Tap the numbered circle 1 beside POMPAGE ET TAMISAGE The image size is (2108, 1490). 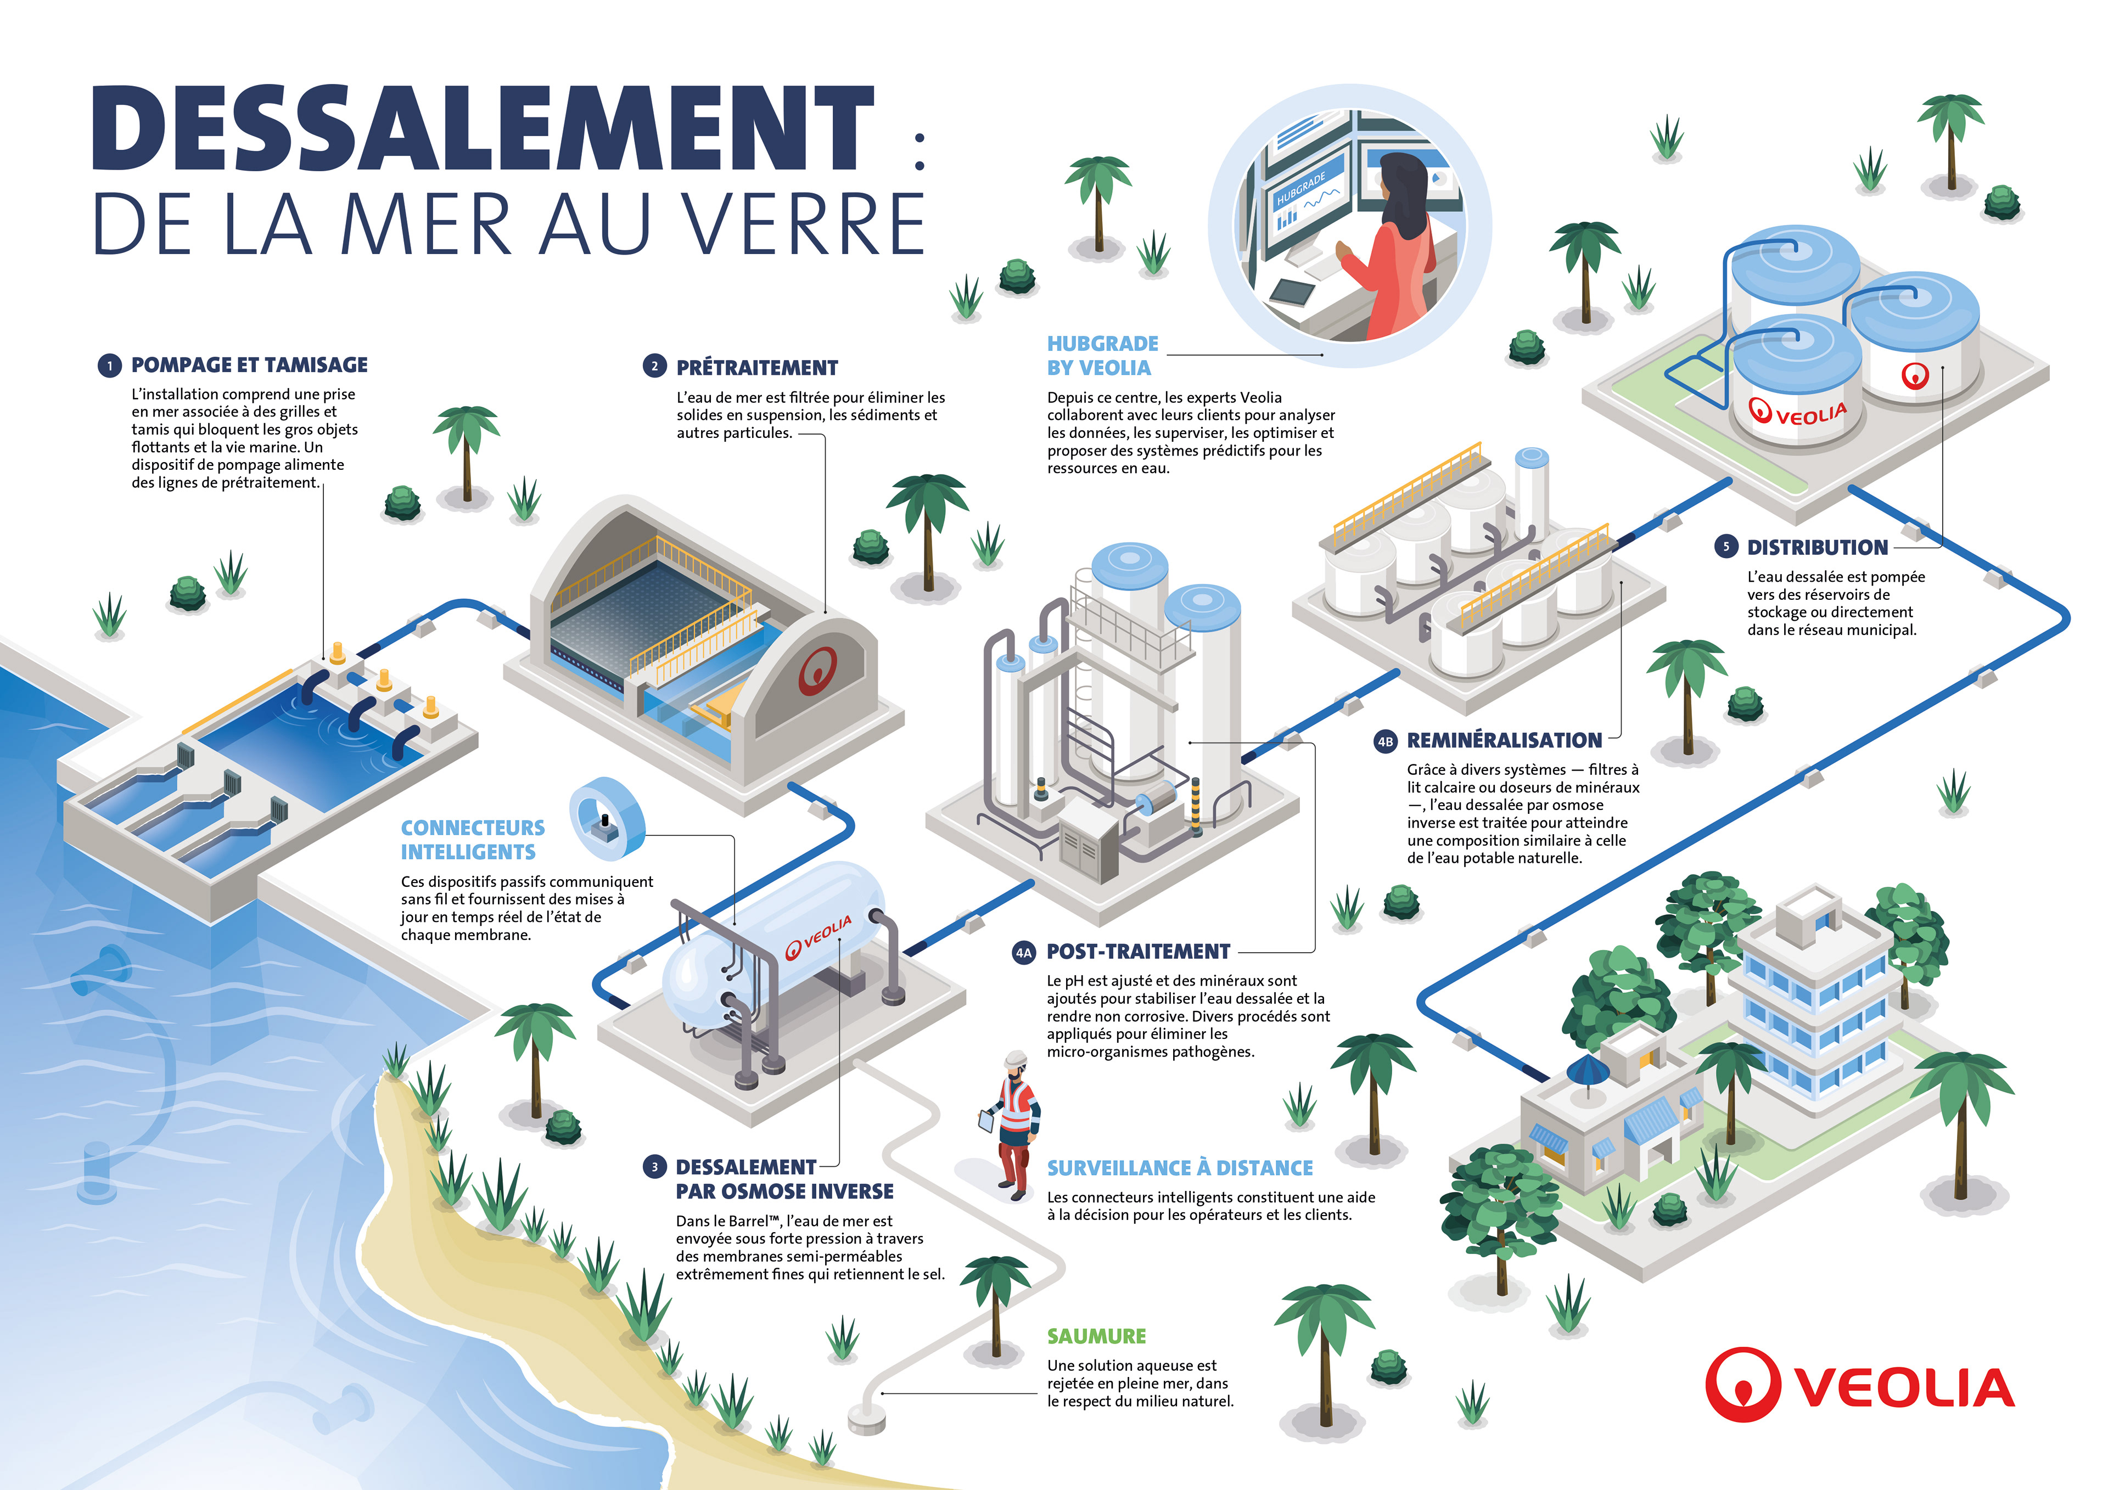pyautogui.click(x=109, y=366)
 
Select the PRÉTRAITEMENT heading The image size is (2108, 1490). pyautogui.click(x=756, y=368)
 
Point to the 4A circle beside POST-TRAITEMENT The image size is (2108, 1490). pyautogui.click(x=1023, y=953)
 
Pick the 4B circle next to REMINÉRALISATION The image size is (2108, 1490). pyautogui.click(x=1384, y=741)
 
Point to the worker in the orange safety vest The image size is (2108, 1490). pyautogui.click(x=1016, y=1124)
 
